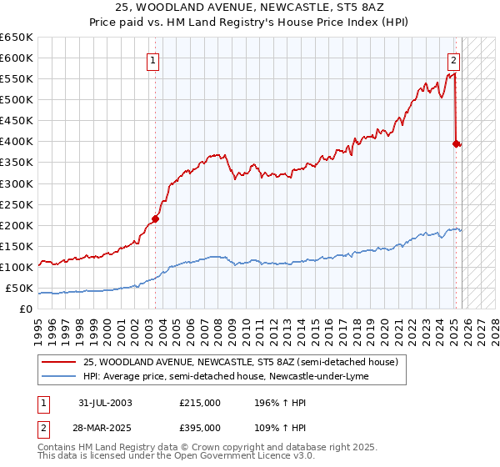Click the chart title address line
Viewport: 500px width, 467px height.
(x=250, y=7)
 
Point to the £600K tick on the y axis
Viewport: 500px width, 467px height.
(x=17, y=58)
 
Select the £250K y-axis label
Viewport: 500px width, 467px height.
(x=17, y=204)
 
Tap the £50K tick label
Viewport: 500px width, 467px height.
(x=19, y=288)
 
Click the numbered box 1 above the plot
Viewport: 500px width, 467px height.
(x=155, y=59)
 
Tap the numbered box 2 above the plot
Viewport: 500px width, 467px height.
(x=454, y=59)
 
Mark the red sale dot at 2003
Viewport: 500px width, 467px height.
(x=156, y=218)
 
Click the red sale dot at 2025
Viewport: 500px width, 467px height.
(x=456, y=143)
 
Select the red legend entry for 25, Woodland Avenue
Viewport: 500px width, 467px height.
(x=241, y=362)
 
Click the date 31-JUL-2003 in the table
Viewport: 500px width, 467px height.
(x=103, y=403)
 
